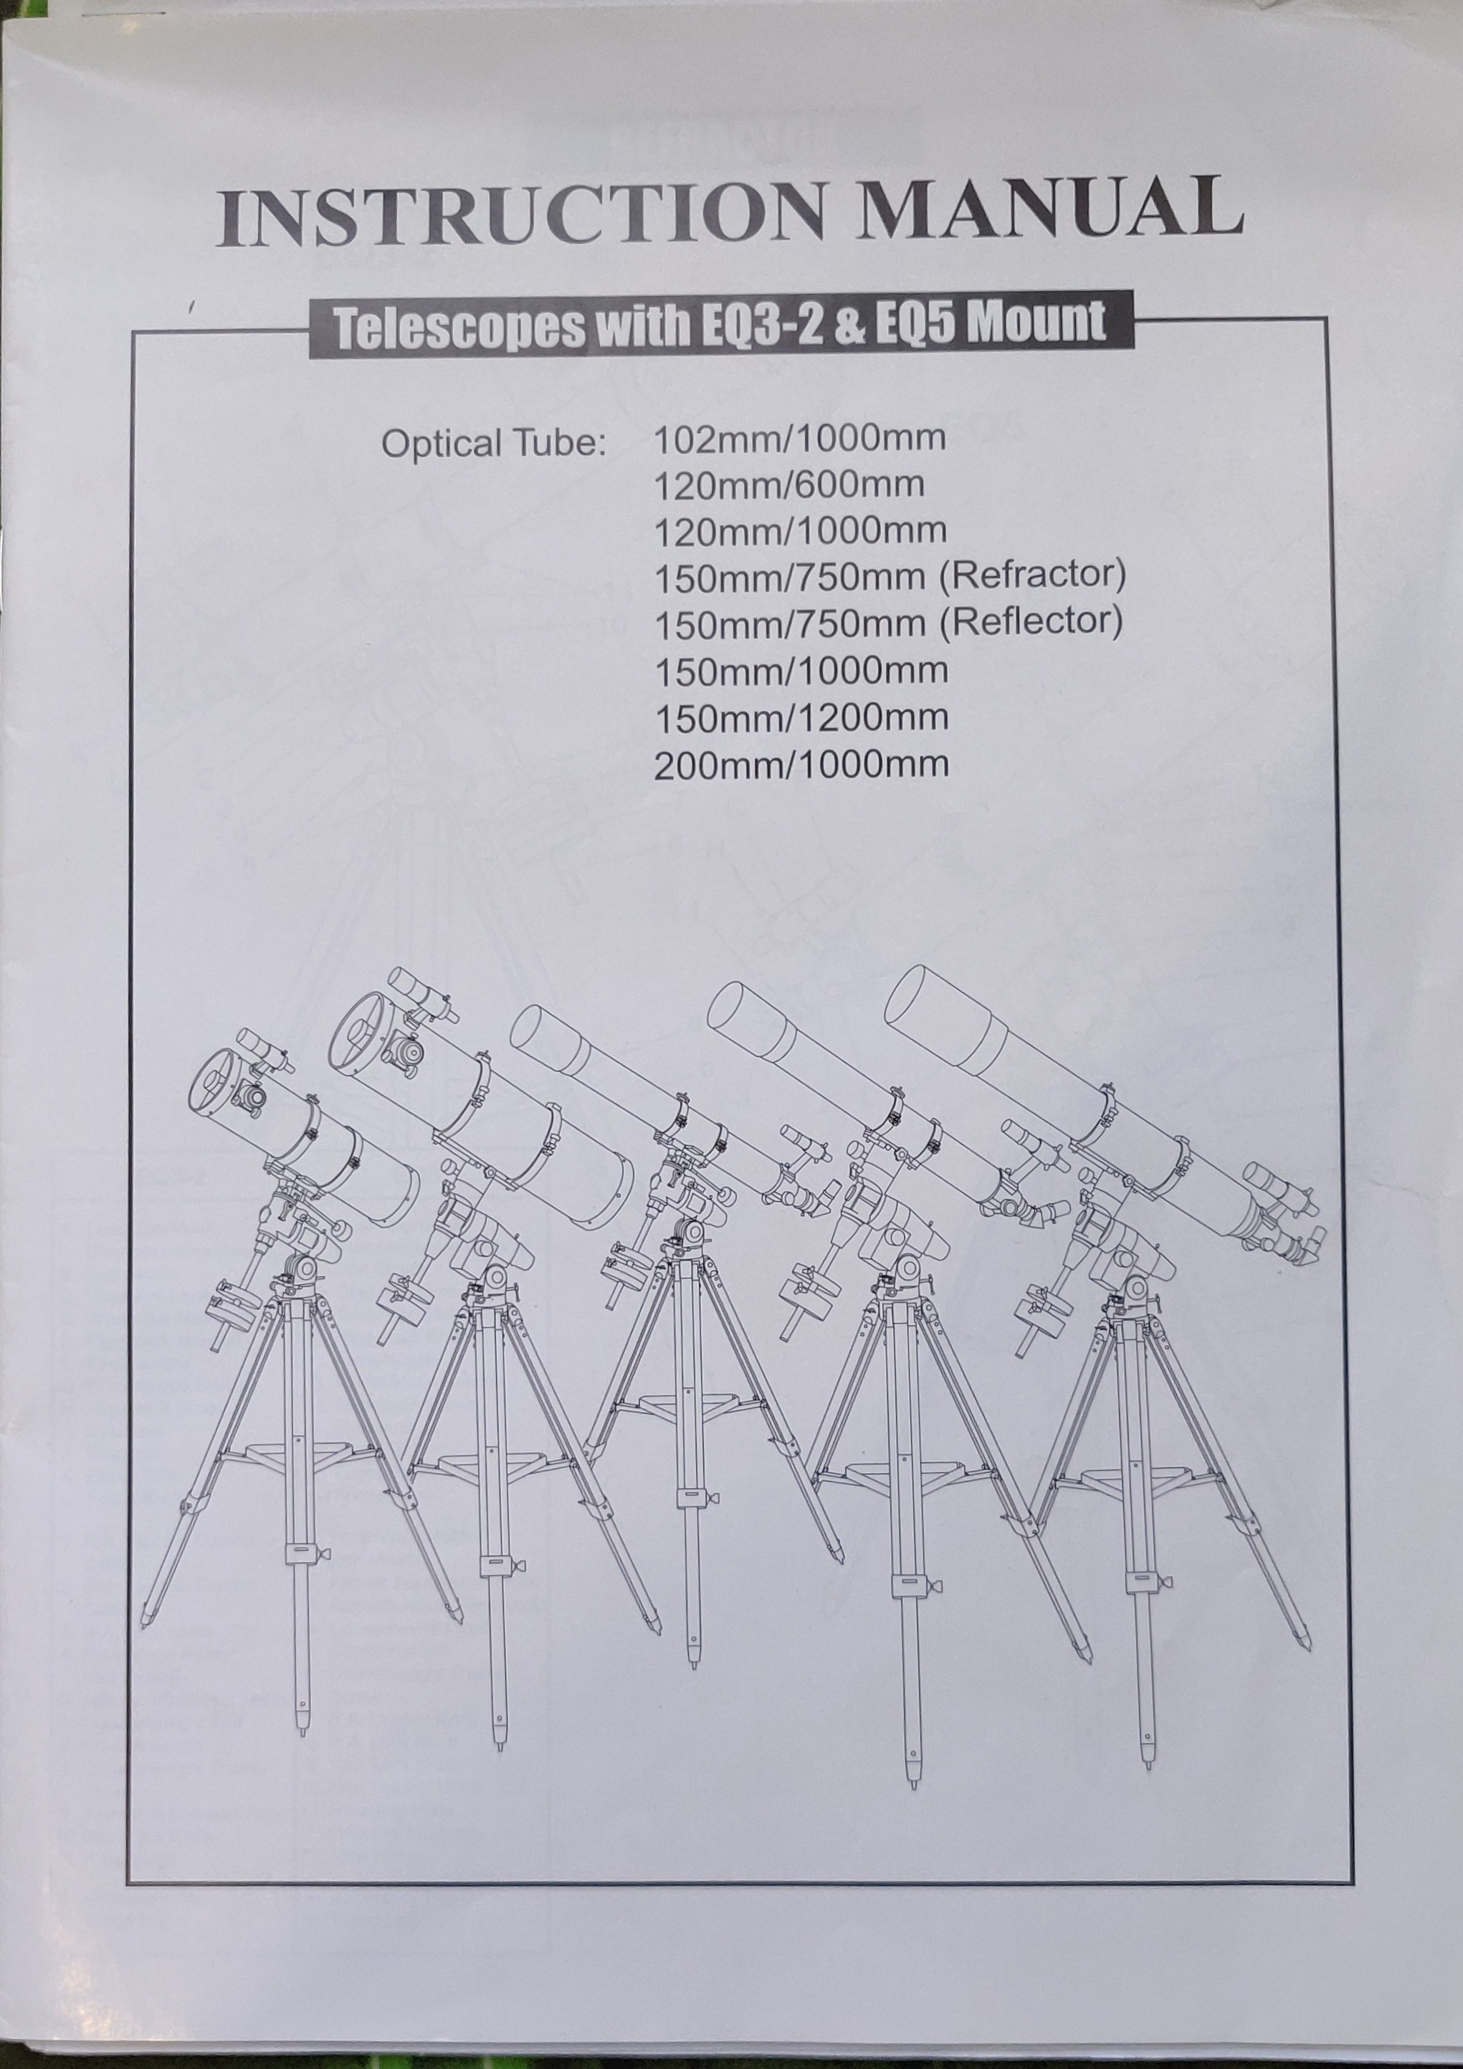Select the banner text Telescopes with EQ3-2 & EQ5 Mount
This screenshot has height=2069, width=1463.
720,325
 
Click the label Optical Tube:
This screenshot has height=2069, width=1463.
493,444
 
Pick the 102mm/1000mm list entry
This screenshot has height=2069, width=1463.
799,439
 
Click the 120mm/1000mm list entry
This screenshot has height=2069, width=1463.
799,531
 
